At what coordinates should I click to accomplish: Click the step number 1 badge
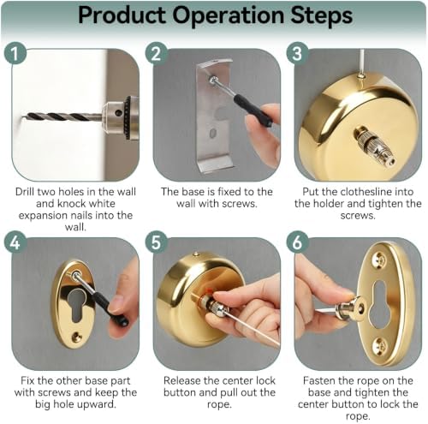coord(15,53)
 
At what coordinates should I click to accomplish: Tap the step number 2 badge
coord(156,53)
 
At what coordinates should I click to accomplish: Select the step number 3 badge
coord(297,53)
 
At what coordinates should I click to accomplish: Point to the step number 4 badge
coord(15,243)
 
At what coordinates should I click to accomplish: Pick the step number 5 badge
coord(156,243)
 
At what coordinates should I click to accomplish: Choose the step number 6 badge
coord(297,243)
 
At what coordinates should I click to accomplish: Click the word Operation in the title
coord(228,15)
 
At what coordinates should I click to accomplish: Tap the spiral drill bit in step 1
coord(62,116)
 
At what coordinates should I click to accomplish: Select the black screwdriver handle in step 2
coord(253,110)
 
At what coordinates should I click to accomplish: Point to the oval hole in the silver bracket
coord(212,133)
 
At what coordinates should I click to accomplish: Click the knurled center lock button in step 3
coord(374,146)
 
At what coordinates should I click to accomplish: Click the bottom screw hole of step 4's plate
coord(76,337)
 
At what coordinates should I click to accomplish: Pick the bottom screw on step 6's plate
coord(382,344)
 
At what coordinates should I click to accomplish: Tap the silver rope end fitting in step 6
coord(352,309)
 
